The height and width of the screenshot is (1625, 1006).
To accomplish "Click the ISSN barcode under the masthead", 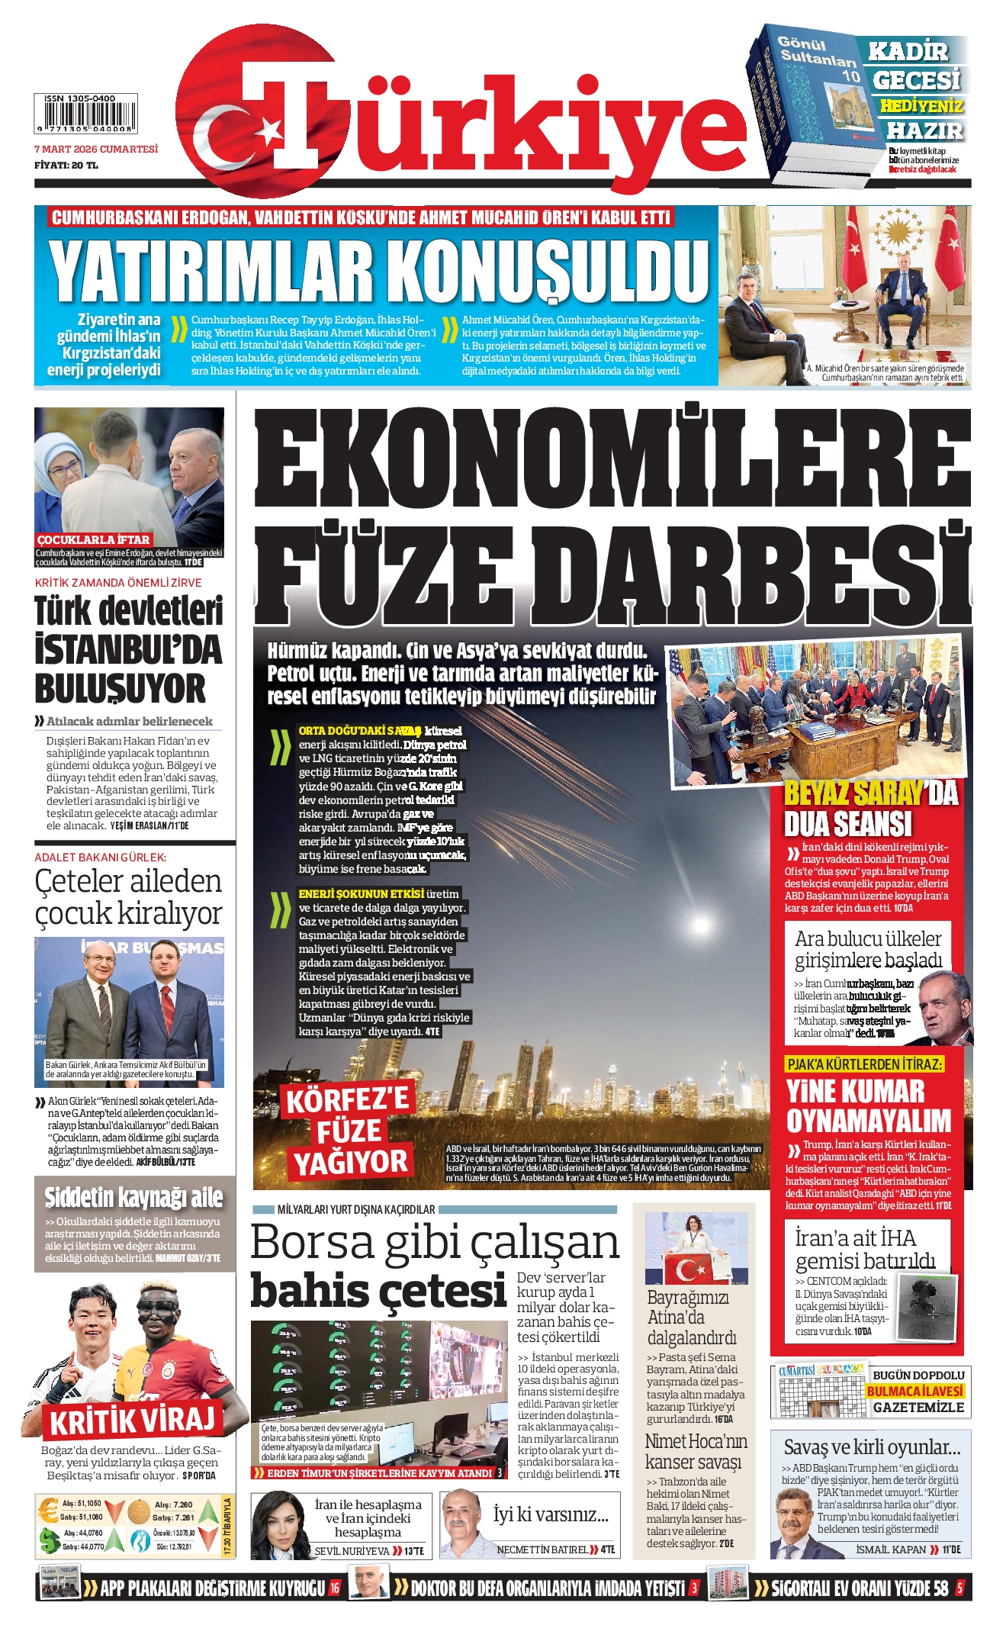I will point(85,114).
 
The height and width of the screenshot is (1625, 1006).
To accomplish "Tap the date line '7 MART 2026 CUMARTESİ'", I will point(96,150).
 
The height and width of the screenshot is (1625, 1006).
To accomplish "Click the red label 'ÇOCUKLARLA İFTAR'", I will point(94,539).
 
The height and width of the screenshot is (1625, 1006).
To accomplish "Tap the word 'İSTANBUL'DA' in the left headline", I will point(128,651).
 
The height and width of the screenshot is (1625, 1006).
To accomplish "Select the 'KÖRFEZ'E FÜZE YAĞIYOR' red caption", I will point(349,1131).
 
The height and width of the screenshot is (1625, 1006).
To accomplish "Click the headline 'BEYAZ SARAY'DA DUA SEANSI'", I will point(869,809).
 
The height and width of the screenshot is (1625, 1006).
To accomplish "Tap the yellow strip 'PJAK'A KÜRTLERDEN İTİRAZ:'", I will point(864,1063).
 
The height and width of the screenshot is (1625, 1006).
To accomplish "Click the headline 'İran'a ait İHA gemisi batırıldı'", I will point(864,1249).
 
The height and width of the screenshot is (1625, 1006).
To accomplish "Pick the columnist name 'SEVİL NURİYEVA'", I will point(352,1551).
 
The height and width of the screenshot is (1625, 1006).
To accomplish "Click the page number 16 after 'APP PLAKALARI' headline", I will point(334,1588).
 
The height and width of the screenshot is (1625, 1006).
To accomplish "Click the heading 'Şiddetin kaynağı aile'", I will point(133,1197).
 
